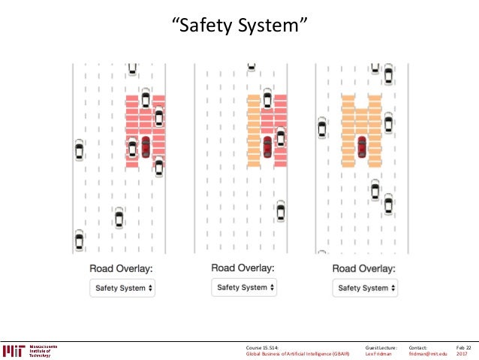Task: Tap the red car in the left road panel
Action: (146, 145)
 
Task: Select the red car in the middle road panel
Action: (267, 146)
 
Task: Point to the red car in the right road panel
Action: (362, 147)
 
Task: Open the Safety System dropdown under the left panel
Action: (122, 288)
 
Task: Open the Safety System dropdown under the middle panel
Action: (243, 287)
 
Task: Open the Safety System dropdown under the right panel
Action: (365, 288)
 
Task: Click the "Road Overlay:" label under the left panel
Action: (122, 268)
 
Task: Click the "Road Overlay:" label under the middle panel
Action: (243, 267)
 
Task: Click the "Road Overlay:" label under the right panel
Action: (364, 268)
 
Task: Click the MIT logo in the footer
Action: (14, 350)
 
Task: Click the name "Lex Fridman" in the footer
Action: (379, 354)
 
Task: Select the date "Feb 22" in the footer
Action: (463, 347)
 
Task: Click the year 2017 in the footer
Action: (462, 354)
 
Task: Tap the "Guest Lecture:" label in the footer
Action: (381, 347)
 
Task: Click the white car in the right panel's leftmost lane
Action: (322, 128)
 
